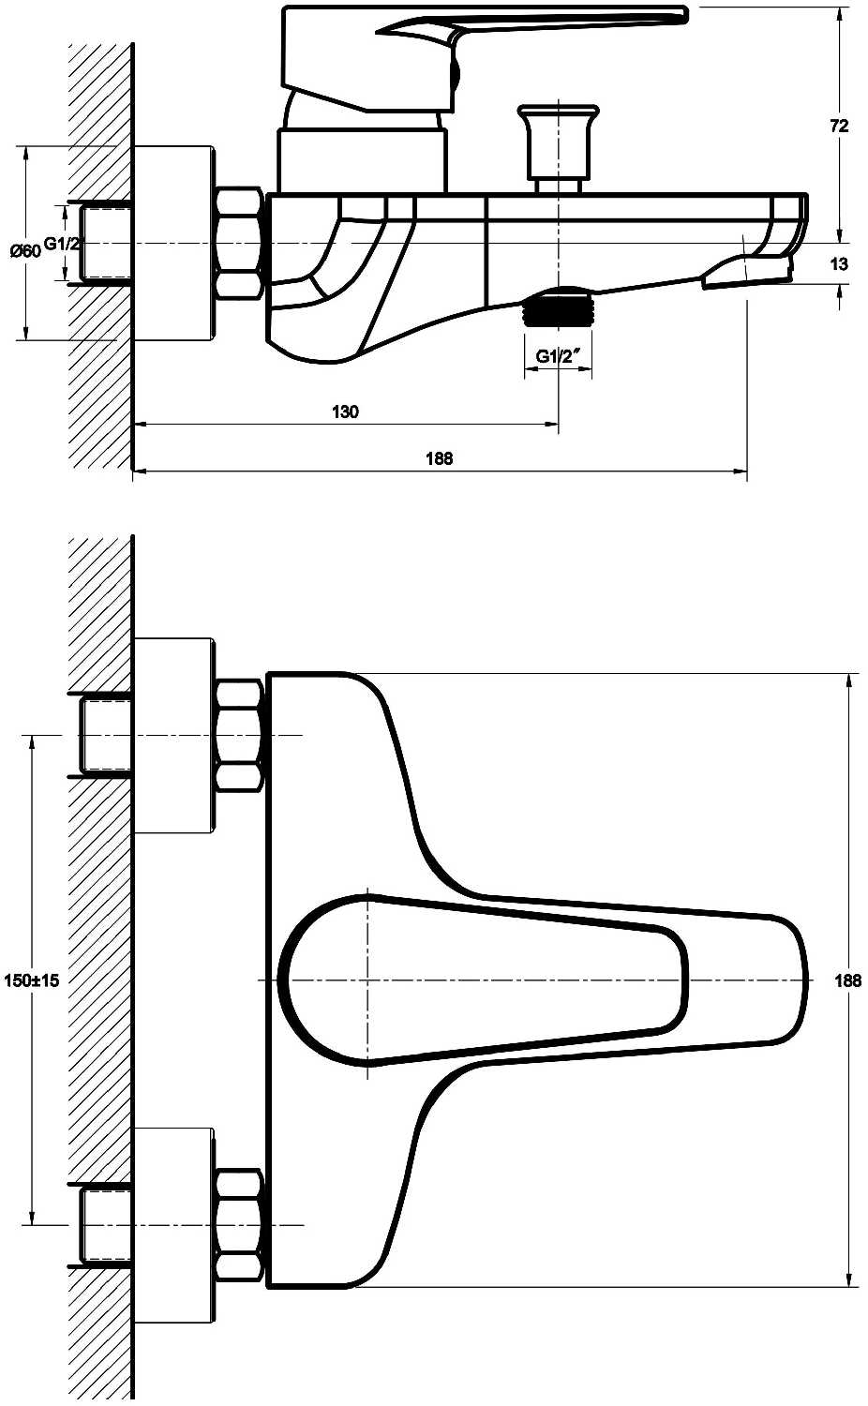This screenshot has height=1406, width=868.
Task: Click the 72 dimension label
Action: pyautogui.click(x=839, y=127)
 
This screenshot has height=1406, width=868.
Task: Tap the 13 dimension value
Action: pyautogui.click(x=839, y=263)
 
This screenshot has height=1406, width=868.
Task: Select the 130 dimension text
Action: pyautogui.click(x=345, y=411)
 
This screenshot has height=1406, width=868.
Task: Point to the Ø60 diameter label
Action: pyautogui.click(x=25, y=250)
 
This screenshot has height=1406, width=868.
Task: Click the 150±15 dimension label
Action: pyautogui.click(x=31, y=980)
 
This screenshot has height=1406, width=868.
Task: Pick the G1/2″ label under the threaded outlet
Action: pyautogui.click(x=557, y=356)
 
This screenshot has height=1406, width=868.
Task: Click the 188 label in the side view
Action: pyautogui.click(x=440, y=458)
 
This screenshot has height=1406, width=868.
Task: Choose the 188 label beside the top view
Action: pyautogui.click(x=848, y=980)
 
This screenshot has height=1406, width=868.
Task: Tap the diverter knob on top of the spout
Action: pyautogui.click(x=558, y=148)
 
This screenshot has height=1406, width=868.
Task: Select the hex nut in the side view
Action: pyautogui.click(x=238, y=243)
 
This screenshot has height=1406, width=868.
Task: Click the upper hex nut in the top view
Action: pyautogui.click(x=238, y=735)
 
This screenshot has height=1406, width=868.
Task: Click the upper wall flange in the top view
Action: pyautogui.click(x=174, y=735)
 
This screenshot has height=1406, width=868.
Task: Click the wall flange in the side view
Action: pyautogui.click(x=174, y=243)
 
